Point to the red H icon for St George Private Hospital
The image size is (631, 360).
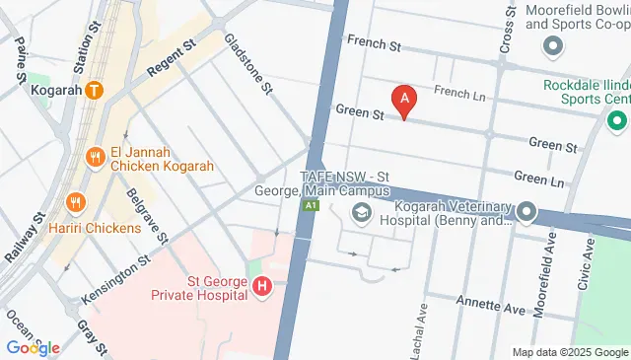point(262,287)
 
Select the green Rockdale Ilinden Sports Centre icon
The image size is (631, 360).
point(618,122)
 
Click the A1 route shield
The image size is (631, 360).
point(311,204)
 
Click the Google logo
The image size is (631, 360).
point(32,347)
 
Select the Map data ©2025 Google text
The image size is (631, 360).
point(569,352)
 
